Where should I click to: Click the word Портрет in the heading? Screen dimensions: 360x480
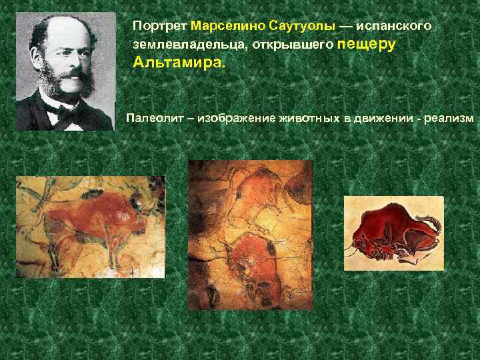[x=159, y=26]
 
